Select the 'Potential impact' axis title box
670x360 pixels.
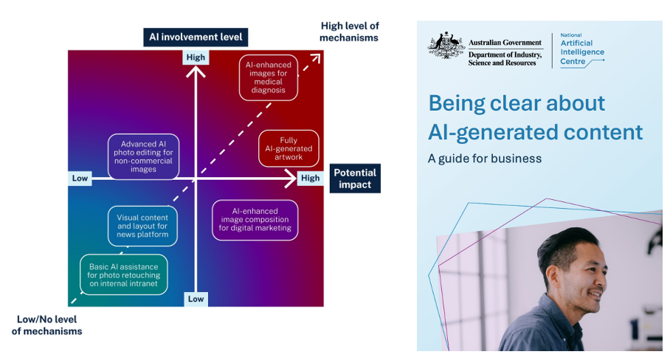pos(355,179)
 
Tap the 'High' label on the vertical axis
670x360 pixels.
pos(196,58)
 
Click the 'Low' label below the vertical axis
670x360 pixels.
pos(196,299)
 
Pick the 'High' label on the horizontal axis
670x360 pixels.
pos(310,179)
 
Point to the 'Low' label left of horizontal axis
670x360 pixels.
pos(80,179)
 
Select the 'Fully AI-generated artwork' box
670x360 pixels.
pos(289,148)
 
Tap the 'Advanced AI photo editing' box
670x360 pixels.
pos(143,156)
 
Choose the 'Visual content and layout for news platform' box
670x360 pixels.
pos(143,226)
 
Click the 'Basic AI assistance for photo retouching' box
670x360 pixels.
pos(123,274)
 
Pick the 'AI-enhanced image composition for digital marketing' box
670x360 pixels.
pos(255,219)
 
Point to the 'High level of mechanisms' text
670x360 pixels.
pos(349,32)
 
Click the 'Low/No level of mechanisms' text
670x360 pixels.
pos(47,325)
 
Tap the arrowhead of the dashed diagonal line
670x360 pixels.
pos(317,58)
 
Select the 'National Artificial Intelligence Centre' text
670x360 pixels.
pos(581,49)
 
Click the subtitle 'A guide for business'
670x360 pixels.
pos(485,158)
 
